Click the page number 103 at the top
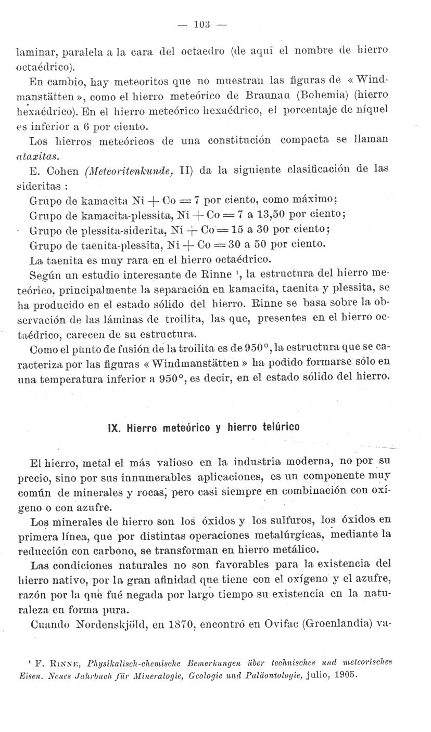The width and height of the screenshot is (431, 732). click(201, 24)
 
